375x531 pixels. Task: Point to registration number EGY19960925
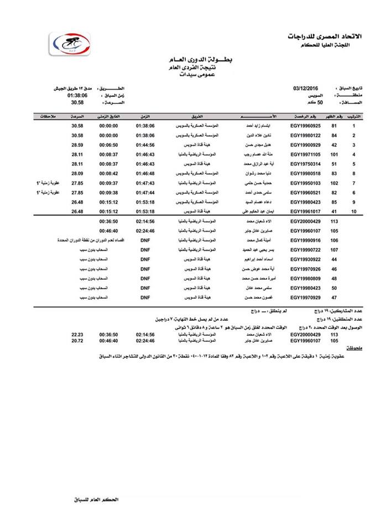(x=306, y=126)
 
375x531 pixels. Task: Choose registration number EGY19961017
(x=306, y=211)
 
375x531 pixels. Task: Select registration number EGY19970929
(x=306, y=297)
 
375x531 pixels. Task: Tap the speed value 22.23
(x=78, y=335)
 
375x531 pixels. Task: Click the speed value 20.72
(x=78, y=341)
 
